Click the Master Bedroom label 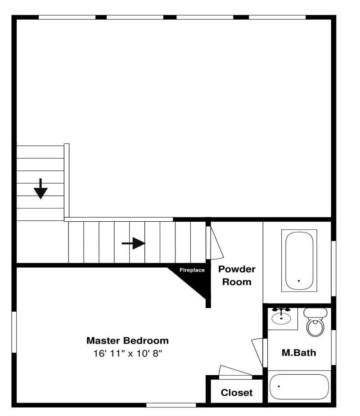[127, 340]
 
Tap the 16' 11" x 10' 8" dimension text [127, 353]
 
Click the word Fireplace [192, 270]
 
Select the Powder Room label [237, 275]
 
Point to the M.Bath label [299, 353]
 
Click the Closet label [237, 393]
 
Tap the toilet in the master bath [315, 322]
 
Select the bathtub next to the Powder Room [299, 260]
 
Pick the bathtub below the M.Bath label [299, 387]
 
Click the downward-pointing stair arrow [40, 189]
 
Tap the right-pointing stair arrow [134, 243]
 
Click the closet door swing [235, 371]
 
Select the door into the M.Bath [257, 352]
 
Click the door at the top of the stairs [215, 243]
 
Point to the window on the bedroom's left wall [14, 332]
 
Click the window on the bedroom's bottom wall [171, 405]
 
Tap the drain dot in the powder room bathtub [299, 281]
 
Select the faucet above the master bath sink [281, 310]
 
